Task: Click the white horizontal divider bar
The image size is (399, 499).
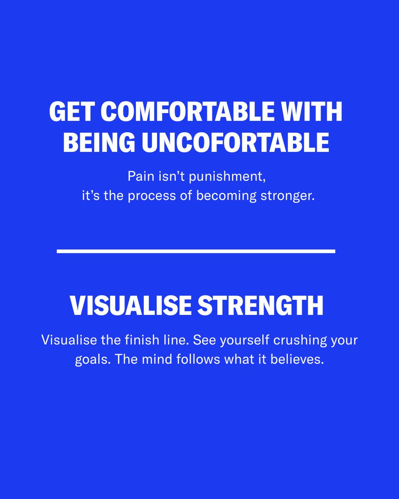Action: tap(196, 251)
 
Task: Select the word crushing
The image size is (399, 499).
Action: tap(298, 340)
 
